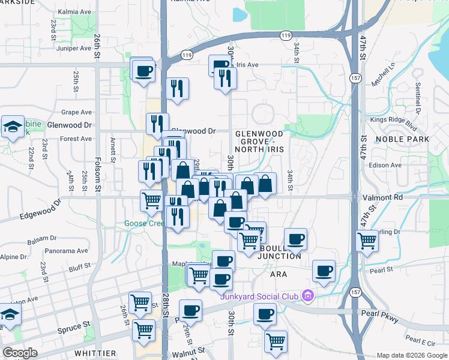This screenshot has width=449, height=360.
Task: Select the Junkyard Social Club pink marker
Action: (308, 295)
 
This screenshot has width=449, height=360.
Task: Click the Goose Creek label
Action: (143, 224)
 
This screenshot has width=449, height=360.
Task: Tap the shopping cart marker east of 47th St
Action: (367, 241)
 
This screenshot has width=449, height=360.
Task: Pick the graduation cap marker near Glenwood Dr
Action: (13, 127)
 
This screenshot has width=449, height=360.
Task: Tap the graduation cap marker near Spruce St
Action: (9, 314)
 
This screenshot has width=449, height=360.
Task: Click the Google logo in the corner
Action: (20, 353)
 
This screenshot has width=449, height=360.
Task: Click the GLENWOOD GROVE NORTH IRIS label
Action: (259, 141)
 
